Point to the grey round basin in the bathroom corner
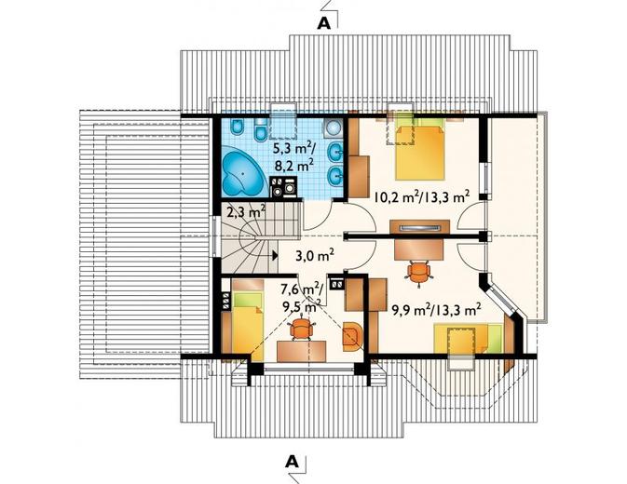(x=333, y=128)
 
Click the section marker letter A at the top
(x=324, y=23)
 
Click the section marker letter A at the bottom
(x=293, y=462)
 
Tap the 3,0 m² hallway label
(x=315, y=255)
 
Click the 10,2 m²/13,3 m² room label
(x=422, y=196)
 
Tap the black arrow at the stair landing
(x=275, y=256)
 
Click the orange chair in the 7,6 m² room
(x=301, y=328)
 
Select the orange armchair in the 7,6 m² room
(x=352, y=337)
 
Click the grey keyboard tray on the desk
(x=420, y=228)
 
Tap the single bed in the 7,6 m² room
(x=248, y=319)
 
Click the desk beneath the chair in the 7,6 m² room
(x=302, y=351)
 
